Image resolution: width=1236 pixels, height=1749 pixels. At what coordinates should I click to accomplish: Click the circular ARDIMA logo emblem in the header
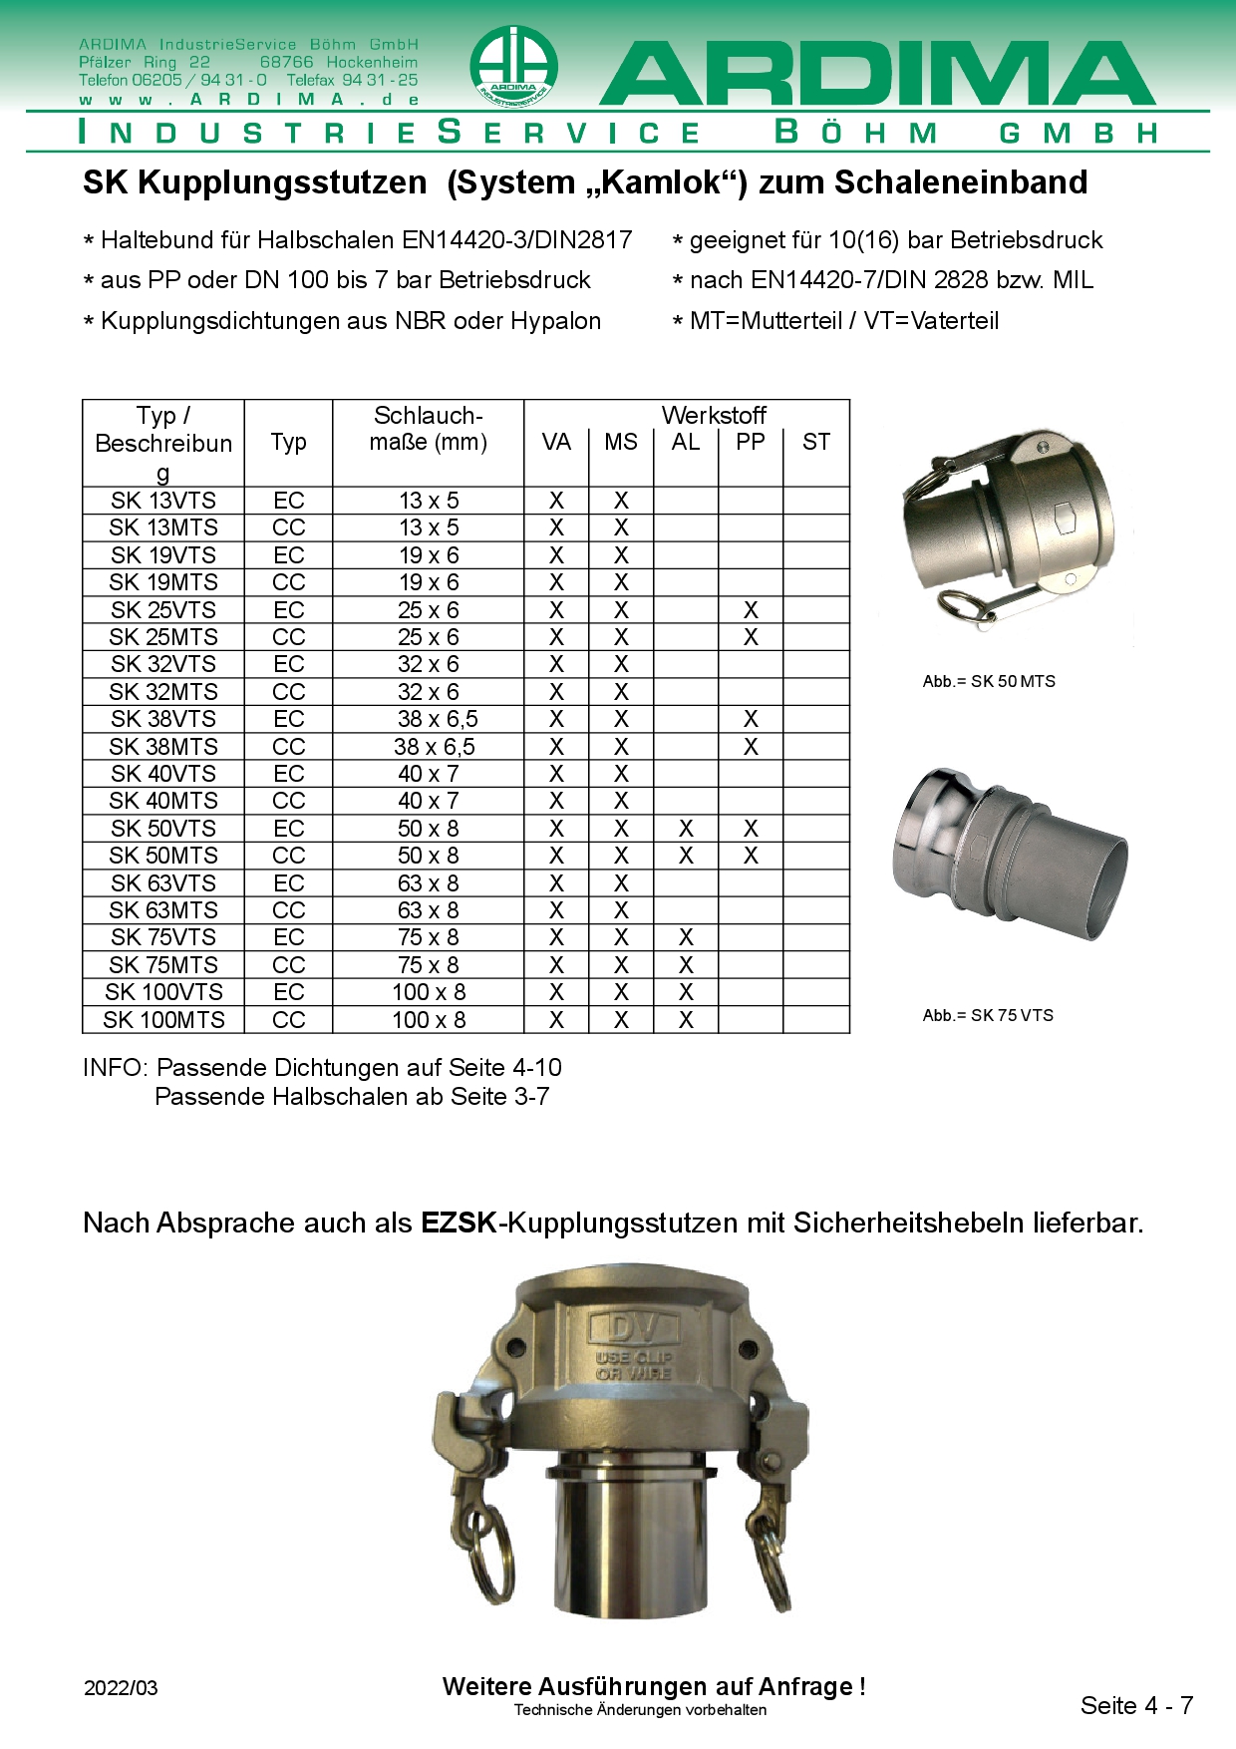[513, 67]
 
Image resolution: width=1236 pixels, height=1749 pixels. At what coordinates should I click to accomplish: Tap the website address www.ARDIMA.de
[248, 100]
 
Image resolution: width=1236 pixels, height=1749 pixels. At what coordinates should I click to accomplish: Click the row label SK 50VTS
[163, 829]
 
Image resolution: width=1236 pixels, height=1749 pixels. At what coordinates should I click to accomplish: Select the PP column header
[751, 442]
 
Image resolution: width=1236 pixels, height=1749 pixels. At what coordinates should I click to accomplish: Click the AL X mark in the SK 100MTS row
[686, 1020]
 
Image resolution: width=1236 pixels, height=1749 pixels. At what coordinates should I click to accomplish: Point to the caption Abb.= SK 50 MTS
[989, 682]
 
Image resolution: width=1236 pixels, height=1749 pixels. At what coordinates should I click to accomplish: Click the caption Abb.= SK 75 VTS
[988, 1015]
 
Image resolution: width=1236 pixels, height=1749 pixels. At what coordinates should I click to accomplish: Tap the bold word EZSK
[459, 1223]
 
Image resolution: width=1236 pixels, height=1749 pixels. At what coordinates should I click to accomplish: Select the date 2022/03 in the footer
[121, 1688]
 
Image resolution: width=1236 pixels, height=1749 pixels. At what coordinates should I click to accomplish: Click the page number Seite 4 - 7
[1136, 1705]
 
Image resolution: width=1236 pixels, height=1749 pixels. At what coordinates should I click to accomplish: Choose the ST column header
[815, 442]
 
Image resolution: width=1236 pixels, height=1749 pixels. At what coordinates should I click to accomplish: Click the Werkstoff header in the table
[714, 415]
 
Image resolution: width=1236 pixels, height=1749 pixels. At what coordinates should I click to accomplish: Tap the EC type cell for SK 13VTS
[288, 501]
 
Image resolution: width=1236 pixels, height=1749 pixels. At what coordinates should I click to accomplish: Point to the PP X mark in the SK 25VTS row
[751, 610]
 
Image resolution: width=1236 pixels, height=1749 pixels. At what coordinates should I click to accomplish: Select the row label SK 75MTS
[163, 965]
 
